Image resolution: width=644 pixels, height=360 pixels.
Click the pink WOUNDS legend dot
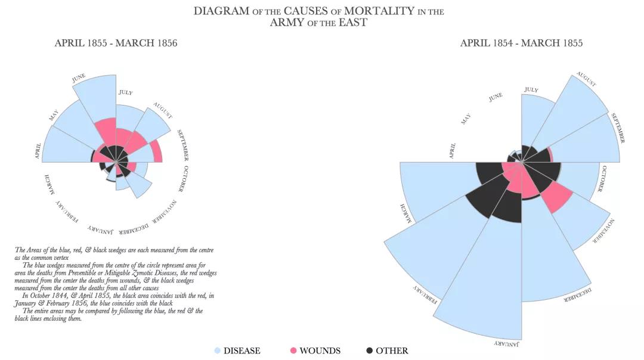[293, 351]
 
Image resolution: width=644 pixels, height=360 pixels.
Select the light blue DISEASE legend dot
[218, 351]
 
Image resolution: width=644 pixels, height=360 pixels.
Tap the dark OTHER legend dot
[369, 351]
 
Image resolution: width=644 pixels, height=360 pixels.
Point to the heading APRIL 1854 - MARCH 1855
[521, 43]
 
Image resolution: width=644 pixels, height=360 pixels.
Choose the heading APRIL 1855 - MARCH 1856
[116, 43]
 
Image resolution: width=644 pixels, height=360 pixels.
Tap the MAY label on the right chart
[466, 119]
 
